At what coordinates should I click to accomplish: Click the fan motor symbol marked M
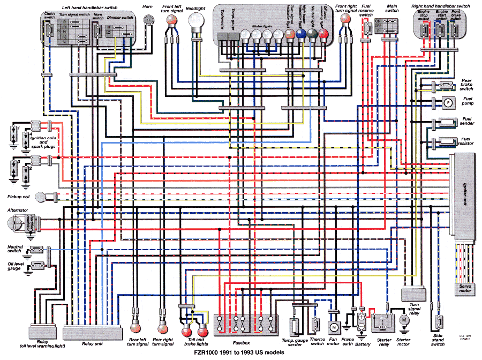[334, 326]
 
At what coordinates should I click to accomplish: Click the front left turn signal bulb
[171, 20]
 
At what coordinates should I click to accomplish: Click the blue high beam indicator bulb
[301, 35]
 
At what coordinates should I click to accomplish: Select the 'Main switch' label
[391, 7]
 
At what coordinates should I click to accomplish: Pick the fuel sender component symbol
[447, 123]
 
